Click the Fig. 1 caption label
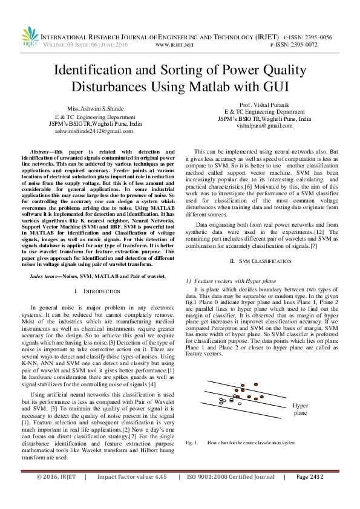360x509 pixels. pyautogui.click(x=192, y=443)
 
